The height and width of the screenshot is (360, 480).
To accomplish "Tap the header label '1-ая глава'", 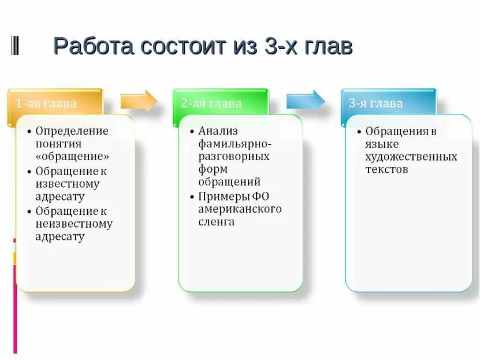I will [46, 104].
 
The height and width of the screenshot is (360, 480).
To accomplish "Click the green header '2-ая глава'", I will [211, 104].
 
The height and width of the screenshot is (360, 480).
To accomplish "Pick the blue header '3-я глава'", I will [375, 104].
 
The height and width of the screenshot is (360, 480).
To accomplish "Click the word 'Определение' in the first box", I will [72, 131].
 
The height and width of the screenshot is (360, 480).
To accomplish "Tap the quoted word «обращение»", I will [72, 156].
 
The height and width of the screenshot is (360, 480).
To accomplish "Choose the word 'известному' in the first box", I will [67, 184].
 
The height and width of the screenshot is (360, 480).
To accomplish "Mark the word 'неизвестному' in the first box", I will [74, 224].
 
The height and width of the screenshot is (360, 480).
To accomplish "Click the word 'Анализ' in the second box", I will [218, 131].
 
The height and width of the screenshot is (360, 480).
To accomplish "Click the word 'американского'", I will [240, 209].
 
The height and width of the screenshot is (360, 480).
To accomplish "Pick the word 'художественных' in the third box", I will [411, 157].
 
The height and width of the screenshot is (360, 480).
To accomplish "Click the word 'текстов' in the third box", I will [386, 169].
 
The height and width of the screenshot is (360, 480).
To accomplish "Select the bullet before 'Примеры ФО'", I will [192, 196].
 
